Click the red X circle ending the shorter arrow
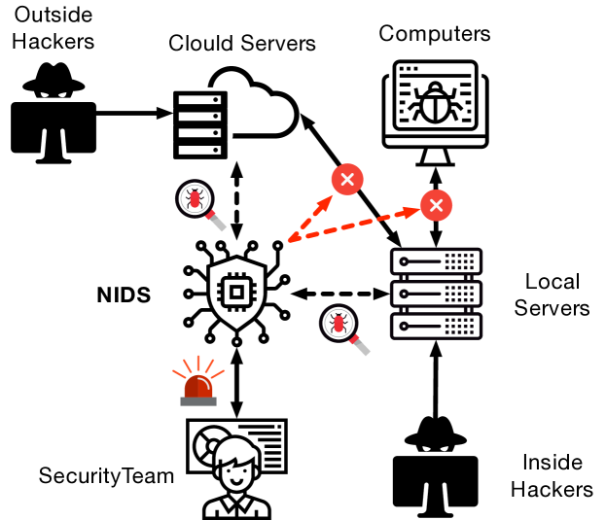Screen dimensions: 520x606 [x=347, y=180]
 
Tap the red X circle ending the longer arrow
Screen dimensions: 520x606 [x=436, y=205]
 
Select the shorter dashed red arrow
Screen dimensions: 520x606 [x=309, y=220]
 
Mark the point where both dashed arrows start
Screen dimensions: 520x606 [x=289, y=241]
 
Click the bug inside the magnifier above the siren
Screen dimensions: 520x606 [x=195, y=198]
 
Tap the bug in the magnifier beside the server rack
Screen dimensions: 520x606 [x=339, y=323]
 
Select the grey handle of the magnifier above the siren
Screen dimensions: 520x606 [x=219, y=224]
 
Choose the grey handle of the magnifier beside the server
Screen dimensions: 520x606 [x=363, y=348]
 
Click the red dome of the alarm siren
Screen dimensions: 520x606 [x=198, y=387]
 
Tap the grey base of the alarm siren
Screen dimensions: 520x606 [x=198, y=401]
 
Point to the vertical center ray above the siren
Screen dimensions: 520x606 [x=198, y=363]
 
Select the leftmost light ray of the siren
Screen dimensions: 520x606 [x=179, y=373]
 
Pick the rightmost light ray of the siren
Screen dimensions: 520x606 [x=218, y=373]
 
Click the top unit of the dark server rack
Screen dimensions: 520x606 [x=436, y=261]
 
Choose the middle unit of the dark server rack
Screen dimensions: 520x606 [x=436, y=294]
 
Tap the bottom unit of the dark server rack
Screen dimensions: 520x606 [x=436, y=326]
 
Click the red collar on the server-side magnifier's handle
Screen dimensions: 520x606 [x=354, y=339]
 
